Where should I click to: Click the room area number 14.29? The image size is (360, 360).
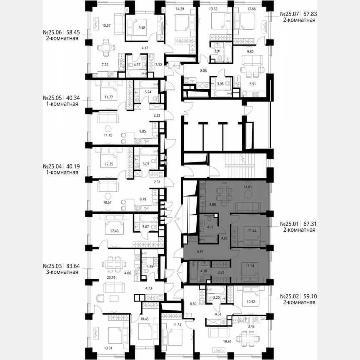180,8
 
